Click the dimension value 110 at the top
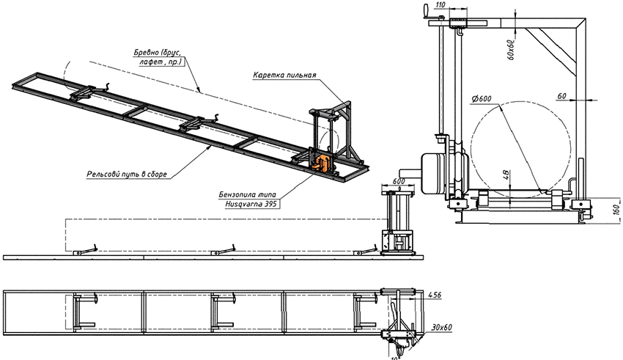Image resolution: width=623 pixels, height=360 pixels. (x=440, y=4)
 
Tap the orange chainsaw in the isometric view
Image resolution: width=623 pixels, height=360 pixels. (x=321, y=162)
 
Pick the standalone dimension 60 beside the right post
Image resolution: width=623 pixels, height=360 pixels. (x=561, y=95)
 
